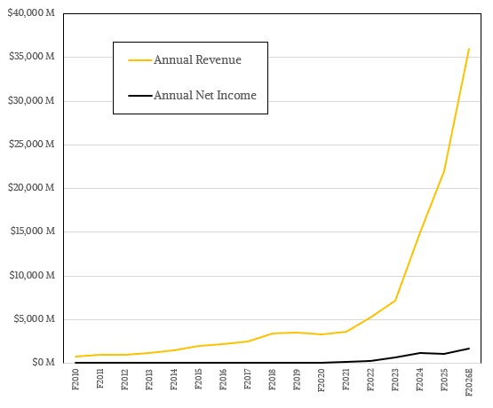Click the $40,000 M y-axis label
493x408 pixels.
coord(34,14)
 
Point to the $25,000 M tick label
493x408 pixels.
coord(34,145)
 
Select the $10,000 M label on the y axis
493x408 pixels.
coord(34,275)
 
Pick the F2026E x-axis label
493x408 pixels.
coord(469,383)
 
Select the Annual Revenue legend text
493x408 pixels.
coord(197,60)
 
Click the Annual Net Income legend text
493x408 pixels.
coord(211,95)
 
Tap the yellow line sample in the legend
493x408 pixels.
coord(139,60)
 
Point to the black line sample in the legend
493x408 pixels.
coord(139,95)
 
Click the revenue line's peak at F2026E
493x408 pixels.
coord(469,49)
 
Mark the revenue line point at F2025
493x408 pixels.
coord(444,171)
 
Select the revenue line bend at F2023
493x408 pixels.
coord(395,301)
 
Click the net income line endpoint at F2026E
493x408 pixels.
coord(469,348)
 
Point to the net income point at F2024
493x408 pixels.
coord(420,353)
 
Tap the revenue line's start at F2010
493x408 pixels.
coord(76,357)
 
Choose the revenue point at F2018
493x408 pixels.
coord(273,333)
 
